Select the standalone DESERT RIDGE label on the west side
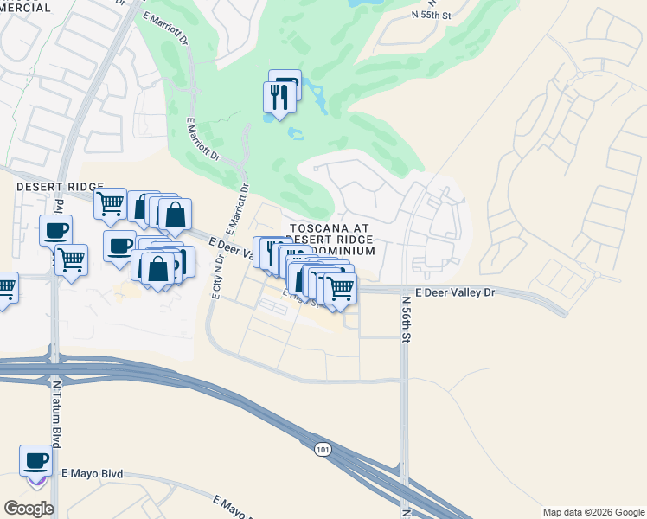click(x=60, y=187)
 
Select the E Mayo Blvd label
click(x=93, y=474)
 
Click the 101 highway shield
click(x=323, y=450)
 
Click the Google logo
click(x=29, y=508)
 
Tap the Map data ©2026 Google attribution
click(x=593, y=512)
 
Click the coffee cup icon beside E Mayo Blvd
click(x=36, y=460)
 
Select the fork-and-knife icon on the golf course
click(x=279, y=97)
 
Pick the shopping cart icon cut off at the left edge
click(x=5, y=288)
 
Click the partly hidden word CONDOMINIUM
click(x=346, y=251)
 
